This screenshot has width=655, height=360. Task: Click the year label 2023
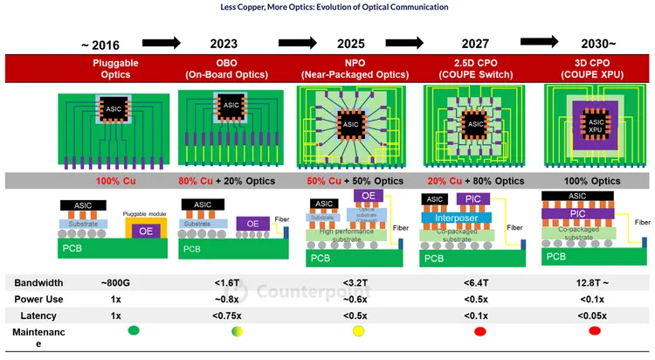[x=224, y=43]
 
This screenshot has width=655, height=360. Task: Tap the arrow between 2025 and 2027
[x=410, y=41]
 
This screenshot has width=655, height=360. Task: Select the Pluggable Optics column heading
[x=109, y=69]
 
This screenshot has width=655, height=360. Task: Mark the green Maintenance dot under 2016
[x=134, y=331]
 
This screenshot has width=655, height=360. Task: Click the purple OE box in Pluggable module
[x=147, y=232]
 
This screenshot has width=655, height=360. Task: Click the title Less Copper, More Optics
[x=327, y=7]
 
